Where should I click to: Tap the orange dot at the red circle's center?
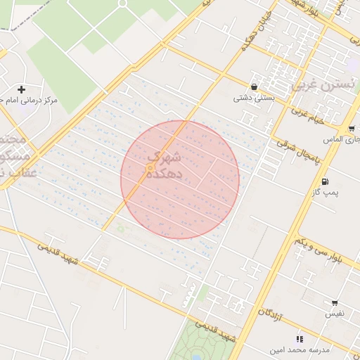point(150,168)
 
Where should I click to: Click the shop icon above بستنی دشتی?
point(253,87)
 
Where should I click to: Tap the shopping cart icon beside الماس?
point(351,129)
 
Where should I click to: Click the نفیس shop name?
point(334,314)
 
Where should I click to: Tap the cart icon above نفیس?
point(335,303)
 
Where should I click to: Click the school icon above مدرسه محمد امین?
point(300,339)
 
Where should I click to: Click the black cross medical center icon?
point(22,89)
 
